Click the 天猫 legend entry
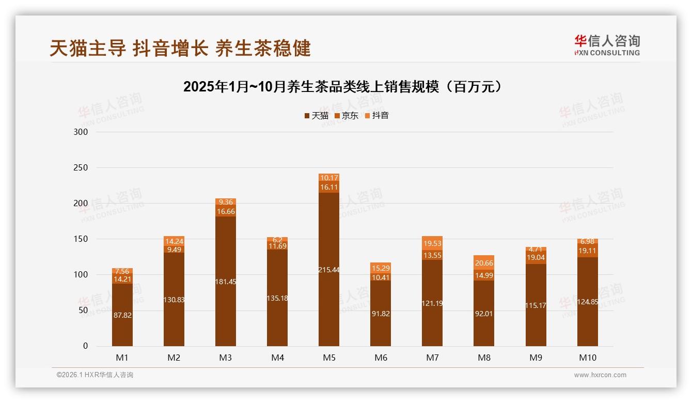tap(316, 116)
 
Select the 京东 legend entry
tap(347, 116)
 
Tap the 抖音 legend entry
tap(377, 116)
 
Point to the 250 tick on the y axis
tap(82, 168)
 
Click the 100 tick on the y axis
tap(82, 275)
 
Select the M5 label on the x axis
tap(329, 358)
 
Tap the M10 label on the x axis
tap(587, 358)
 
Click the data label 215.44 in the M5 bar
tap(329, 270)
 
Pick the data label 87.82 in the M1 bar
tap(122, 315)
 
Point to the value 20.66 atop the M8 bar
tap(484, 263)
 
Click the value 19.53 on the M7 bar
tap(432, 243)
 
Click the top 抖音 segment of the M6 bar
tap(381, 268)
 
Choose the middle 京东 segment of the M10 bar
tap(587, 251)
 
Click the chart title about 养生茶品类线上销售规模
tap(343, 87)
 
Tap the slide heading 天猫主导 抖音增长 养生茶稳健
tap(180, 48)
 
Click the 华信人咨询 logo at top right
tap(607, 45)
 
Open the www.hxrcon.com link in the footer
tap(600, 375)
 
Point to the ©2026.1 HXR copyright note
tap(95, 375)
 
